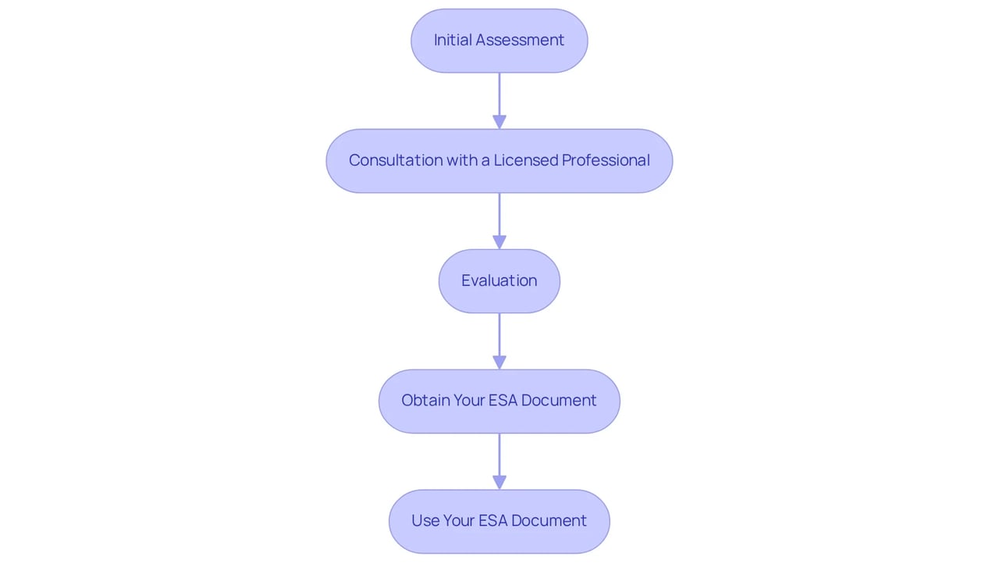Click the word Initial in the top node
(x=453, y=40)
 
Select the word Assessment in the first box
(x=520, y=40)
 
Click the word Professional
(x=606, y=160)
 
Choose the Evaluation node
(x=499, y=281)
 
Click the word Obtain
(x=425, y=400)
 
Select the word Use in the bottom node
(x=425, y=521)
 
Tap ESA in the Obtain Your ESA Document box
(x=503, y=400)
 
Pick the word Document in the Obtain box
(x=559, y=400)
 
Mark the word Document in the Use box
(x=549, y=521)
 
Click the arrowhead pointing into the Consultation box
(x=499, y=123)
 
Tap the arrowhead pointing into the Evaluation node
(x=499, y=242)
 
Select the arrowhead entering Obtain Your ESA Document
(x=499, y=362)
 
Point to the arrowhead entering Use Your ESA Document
(x=499, y=482)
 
